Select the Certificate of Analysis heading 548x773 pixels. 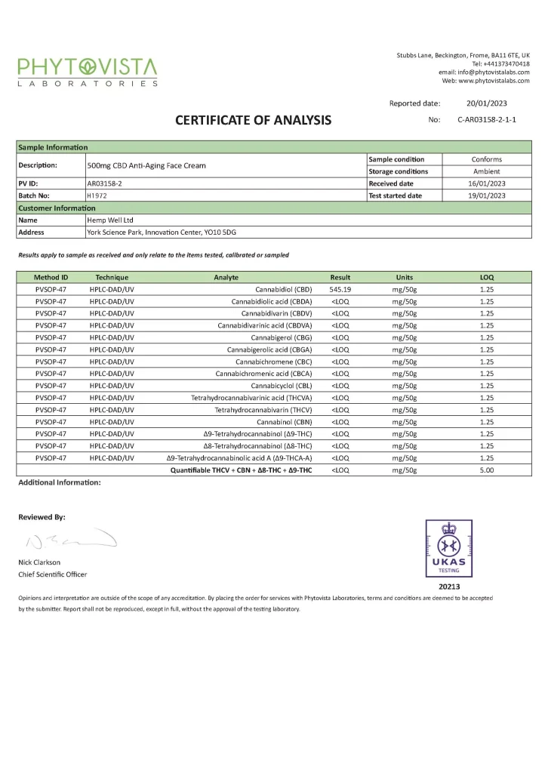[x=253, y=120]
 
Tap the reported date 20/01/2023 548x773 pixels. [x=486, y=103]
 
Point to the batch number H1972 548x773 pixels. [x=97, y=196]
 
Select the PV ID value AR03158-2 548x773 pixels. [x=105, y=183]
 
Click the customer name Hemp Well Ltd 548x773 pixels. [x=110, y=220]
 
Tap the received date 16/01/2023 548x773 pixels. [x=486, y=183]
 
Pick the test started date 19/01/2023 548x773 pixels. [x=486, y=196]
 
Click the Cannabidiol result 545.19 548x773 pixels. [x=340, y=289]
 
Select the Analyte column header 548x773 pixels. [x=226, y=277]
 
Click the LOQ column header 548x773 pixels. [x=486, y=277]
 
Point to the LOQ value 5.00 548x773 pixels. [x=486, y=470]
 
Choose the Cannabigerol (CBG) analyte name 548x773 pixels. [x=281, y=337]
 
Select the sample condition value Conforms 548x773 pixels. [x=486, y=159]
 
